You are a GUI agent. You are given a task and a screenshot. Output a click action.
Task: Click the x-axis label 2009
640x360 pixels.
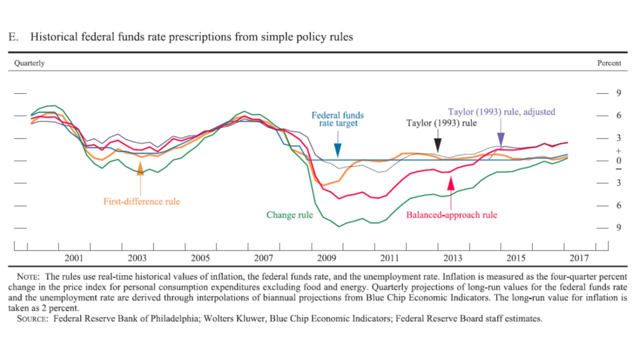pos(326,258)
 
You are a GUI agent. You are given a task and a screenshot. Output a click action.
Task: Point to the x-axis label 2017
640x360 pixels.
pos(579,258)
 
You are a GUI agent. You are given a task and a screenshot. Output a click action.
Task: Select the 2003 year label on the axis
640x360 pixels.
pos(137,258)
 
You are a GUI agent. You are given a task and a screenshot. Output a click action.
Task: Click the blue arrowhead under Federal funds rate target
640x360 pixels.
pos(338,150)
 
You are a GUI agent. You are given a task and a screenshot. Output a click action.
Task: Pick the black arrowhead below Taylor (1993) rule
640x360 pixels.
pos(438,145)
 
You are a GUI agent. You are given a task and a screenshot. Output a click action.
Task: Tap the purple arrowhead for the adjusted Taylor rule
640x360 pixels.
pos(501,139)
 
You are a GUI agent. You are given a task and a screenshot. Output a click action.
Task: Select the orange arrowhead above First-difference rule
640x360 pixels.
pos(140,169)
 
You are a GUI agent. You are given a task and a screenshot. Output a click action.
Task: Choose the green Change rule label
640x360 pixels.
pos(289,215)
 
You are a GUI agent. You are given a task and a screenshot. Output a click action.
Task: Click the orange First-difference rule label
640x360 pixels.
pos(141,201)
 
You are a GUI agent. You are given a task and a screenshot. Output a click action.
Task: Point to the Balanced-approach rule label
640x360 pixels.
pos(451,215)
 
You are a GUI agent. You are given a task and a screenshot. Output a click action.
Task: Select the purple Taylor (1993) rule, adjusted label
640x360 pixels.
pos(501,111)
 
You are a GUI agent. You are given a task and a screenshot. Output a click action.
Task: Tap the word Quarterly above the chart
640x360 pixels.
pos(29,63)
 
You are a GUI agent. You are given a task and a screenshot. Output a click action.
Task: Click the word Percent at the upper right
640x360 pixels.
pos(609,63)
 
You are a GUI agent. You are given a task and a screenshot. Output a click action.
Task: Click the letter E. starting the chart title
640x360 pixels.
pos(13,37)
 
